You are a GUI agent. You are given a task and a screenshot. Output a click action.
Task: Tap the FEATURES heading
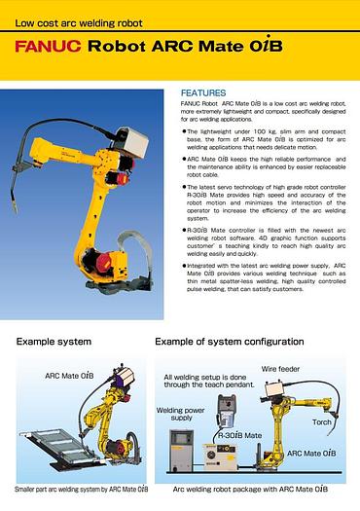tap(202, 92)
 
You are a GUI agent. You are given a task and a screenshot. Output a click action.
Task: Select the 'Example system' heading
tap(54, 342)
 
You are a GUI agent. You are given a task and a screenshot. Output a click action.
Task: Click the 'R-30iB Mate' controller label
tap(240, 436)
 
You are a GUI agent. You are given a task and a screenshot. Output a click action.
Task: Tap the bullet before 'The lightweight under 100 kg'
tap(184, 129)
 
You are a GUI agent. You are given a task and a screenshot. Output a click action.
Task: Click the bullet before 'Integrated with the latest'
tap(184, 264)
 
